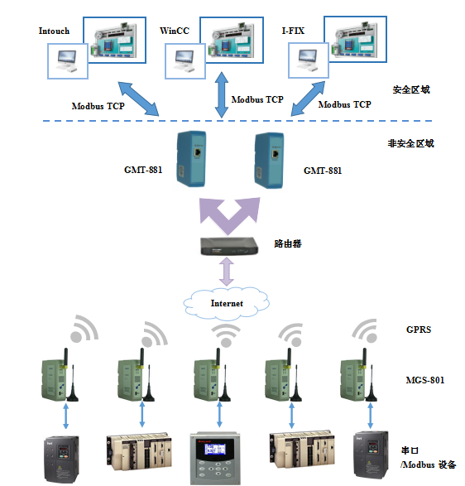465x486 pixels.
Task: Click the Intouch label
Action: coord(54,31)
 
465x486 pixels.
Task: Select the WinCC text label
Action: coord(175,31)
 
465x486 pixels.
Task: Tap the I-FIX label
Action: coord(293,31)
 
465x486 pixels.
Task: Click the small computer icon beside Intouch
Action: coord(68,61)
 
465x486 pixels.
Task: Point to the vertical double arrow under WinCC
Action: coord(222,95)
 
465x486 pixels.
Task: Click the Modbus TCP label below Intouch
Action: coord(98,106)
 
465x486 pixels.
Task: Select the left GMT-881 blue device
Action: coord(191,159)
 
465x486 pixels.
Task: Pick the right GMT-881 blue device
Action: coord(269,161)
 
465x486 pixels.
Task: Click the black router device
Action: coord(229,246)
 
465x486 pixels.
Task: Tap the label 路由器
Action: coord(288,243)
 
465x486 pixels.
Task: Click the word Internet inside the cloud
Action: coord(227,303)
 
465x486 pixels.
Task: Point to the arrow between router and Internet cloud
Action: coord(227,272)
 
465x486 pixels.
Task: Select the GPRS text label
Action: coord(419,330)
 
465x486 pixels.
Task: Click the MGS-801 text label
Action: coord(425,380)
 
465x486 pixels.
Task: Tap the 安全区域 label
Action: coord(411,89)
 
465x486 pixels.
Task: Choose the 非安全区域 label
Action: coord(410,143)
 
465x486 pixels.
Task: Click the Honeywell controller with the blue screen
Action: coord(215,458)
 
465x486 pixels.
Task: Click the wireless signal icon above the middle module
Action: coord(226,335)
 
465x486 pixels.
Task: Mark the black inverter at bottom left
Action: coord(61,460)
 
